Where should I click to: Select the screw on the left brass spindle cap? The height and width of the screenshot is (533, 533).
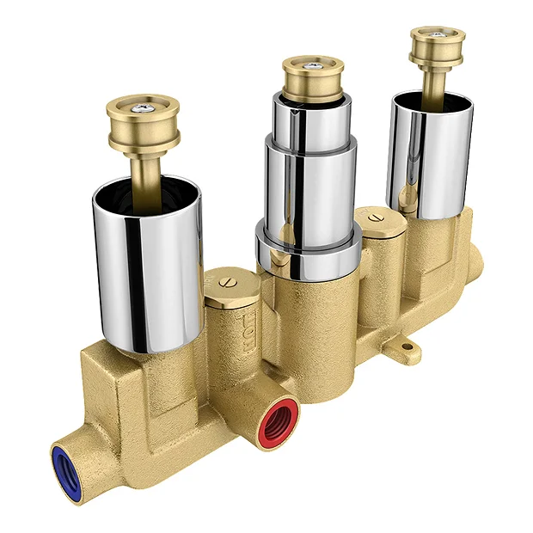141,107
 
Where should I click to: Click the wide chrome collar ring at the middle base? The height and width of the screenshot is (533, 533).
308,253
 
